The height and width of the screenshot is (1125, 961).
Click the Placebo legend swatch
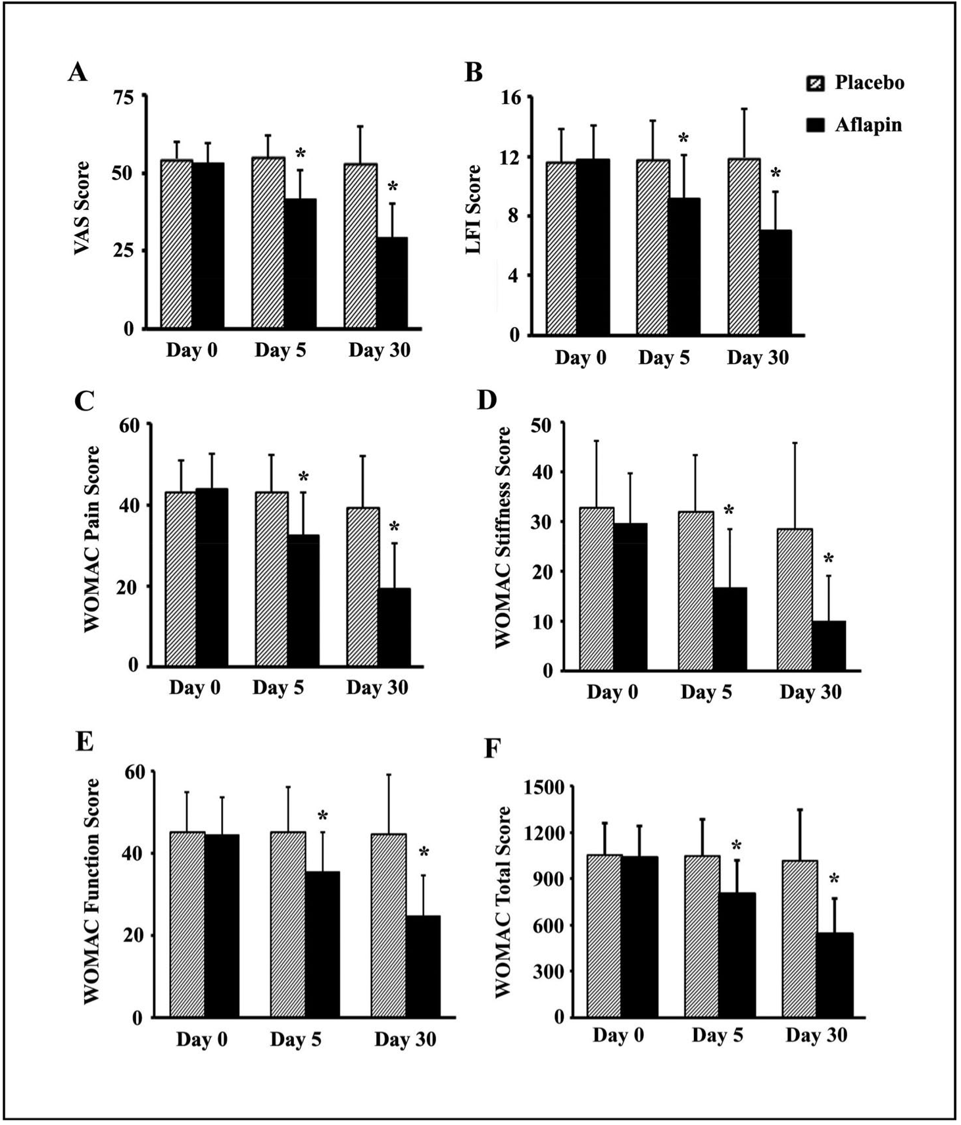pyautogui.click(x=815, y=84)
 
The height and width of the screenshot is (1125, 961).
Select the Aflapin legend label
pyautogui.click(x=868, y=125)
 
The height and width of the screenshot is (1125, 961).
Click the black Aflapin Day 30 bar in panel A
pyautogui.click(x=391, y=283)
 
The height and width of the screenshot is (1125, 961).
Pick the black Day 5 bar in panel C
pyautogui.click(x=303, y=600)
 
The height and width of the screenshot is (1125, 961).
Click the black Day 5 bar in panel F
pyautogui.click(x=737, y=955)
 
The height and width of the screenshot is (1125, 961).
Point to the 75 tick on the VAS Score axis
pyautogui.click(x=123, y=98)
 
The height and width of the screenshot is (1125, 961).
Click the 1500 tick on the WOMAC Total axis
pyautogui.click(x=544, y=787)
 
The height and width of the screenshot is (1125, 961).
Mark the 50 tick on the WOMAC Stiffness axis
pyautogui.click(x=542, y=425)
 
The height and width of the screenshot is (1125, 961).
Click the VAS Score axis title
pyautogui.click(x=82, y=209)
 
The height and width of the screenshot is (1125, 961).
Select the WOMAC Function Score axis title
pyautogui.click(x=91, y=891)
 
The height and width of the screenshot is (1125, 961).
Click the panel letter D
pyautogui.click(x=487, y=399)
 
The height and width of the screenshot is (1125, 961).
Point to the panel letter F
pyautogui.click(x=492, y=749)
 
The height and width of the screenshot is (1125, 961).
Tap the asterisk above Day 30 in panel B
pyautogui.click(x=776, y=174)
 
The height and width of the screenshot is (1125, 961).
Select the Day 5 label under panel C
pyautogui.click(x=278, y=687)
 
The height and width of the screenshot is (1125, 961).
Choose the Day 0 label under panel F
pyautogui.click(x=618, y=1035)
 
